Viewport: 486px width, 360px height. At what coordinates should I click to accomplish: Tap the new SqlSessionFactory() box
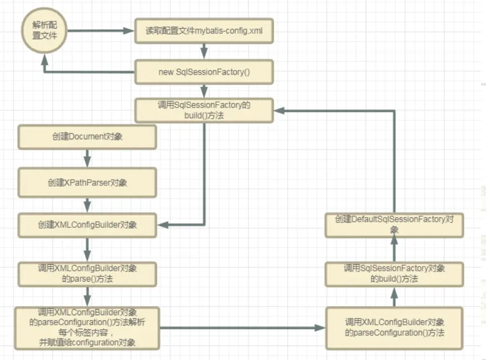(204, 73)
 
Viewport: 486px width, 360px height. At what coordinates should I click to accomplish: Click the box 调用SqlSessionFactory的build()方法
(204, 110)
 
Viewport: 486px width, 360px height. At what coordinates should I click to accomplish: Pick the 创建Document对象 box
(87, 137)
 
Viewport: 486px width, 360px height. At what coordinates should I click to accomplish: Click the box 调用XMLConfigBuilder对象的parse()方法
(87, 273)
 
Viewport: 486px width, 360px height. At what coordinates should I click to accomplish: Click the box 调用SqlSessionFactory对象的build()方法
(395, 274)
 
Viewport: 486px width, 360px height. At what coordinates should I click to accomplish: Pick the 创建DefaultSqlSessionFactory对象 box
(395, 224)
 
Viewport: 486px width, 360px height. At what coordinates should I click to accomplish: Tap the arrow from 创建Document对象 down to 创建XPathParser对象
(87, 159)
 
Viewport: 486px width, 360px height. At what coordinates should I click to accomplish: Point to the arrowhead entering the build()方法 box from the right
(279, 110)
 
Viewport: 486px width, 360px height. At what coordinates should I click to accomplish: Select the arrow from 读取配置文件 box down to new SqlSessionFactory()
(204, 52)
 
